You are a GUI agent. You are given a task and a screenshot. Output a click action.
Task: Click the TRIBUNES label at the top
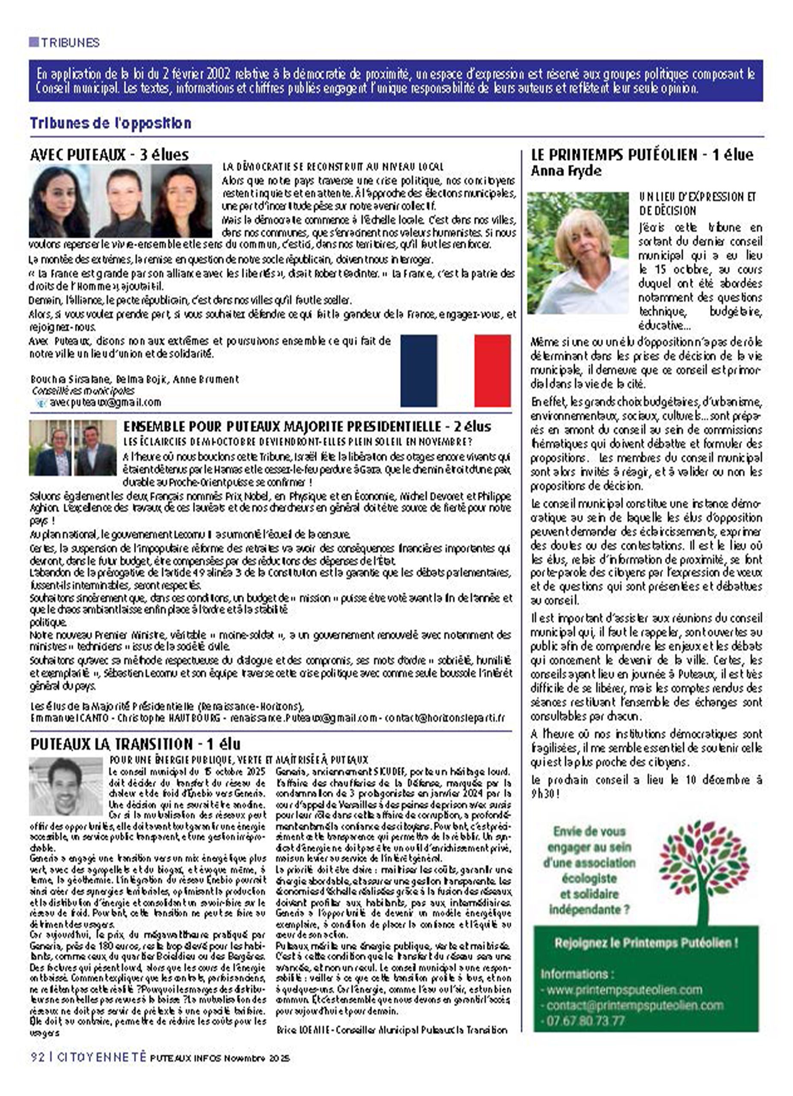(x=70, y=42)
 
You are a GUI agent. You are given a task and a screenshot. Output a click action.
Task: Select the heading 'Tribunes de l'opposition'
(x=110, y=123)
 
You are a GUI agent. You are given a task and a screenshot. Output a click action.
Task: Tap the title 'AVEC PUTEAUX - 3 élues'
(x=109, y=155)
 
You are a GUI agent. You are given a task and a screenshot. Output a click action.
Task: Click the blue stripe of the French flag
(x=418, y=371)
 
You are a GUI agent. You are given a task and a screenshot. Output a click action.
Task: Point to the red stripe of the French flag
(x=492, y=371)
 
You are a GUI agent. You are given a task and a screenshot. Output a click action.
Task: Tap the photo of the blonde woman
(x=578, y=253)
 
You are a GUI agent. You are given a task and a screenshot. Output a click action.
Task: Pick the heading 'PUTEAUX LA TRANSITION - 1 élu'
(x=135, y=744)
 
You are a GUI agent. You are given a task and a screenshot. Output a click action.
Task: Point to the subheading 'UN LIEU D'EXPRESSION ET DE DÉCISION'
(x=697, y=203)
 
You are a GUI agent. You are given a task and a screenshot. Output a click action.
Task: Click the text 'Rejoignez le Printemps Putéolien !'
(x=646, y=943)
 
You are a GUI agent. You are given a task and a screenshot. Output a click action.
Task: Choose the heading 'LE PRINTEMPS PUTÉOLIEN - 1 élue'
(x=642, y=155)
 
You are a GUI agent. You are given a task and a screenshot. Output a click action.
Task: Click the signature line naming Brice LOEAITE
(x=392, y=1030)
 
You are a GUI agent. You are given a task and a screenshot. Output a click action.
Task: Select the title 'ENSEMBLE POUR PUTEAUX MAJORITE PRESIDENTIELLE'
(x=307, y=426)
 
